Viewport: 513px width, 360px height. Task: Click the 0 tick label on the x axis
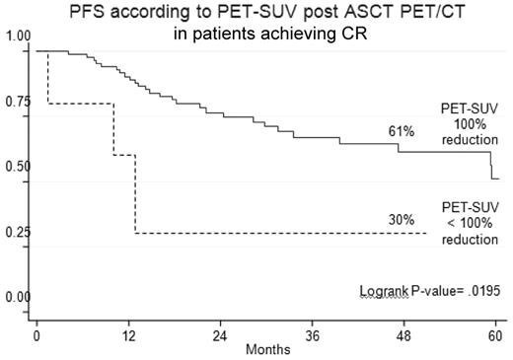point(37,335)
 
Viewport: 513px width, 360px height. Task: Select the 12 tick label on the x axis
point(129,335)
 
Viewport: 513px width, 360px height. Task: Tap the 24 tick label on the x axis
point(222,335)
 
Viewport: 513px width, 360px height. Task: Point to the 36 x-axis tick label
point(315,335)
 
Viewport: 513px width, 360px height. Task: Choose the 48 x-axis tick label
point(406,335)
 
